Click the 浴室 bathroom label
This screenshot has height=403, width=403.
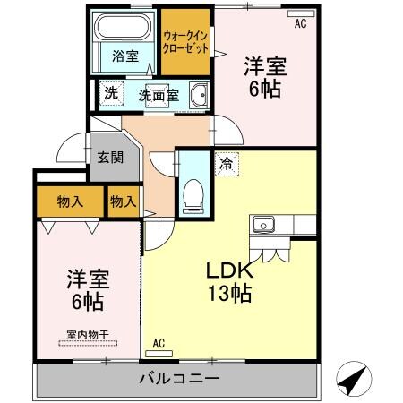[125, 56]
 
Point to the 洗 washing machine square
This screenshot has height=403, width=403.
[110, 92]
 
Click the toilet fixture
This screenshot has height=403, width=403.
[193, 196]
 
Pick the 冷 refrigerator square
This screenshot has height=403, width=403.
[225, 165]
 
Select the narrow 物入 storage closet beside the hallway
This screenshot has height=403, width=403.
[123, 201]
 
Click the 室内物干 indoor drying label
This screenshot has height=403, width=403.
[87, 336]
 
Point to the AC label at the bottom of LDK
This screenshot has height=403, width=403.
[159, 343]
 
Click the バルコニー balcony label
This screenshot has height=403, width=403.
[179, 379]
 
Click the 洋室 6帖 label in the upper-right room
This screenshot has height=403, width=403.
[266, 76]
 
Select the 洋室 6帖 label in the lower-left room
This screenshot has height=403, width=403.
[85, 289]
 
